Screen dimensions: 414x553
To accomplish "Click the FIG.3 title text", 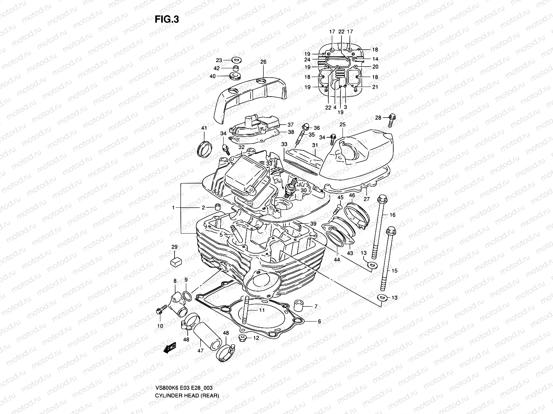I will (167, 19).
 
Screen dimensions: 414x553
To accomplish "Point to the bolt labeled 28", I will (392, 120).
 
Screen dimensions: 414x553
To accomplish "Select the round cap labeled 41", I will (204, 148).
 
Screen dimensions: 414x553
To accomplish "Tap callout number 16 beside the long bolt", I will (392, 215).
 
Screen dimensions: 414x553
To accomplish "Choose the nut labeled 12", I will (243, 338).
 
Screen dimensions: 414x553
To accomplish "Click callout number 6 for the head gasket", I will (319, 321).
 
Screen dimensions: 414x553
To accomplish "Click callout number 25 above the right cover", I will (342, 124).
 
